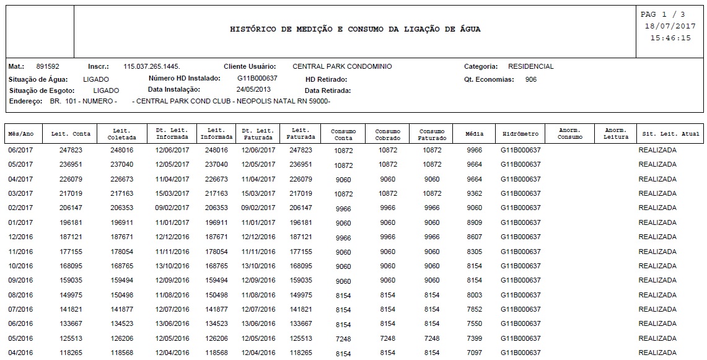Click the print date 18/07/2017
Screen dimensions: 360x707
point(670,26)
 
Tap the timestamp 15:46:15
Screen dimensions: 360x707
point(670,38)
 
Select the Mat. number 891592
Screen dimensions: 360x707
point(48,66)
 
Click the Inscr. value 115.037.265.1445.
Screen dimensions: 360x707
point(152,66)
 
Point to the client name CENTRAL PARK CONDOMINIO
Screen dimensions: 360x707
point(342,66)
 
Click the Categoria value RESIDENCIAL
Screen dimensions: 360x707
point(530,66)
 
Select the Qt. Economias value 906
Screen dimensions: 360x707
point(530,79)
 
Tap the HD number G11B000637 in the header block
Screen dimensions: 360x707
point(257,79)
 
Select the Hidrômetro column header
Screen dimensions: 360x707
point(520,134)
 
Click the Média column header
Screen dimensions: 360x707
point(474,134)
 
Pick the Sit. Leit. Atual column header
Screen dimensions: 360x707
point(670,134)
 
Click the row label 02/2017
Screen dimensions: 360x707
point(20,208)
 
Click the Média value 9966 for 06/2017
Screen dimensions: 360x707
point(474,150)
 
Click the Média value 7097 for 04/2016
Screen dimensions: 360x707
point(474,353)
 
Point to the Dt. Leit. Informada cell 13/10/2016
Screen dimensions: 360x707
point(172,266)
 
